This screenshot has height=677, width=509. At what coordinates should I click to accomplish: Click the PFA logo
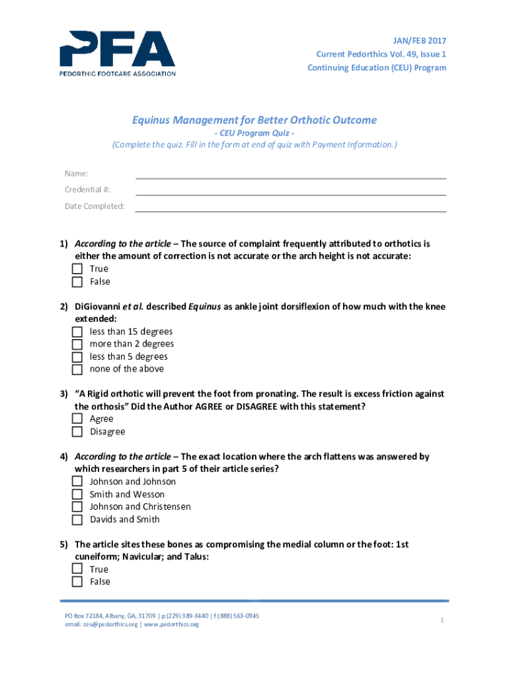coord(118,53)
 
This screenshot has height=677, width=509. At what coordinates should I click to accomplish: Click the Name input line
coord(291,174)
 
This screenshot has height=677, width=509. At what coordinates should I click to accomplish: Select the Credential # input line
coord(291,190)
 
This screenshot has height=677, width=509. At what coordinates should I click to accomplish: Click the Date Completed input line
coord(291,206)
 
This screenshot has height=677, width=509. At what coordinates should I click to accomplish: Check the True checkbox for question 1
coord(77,269)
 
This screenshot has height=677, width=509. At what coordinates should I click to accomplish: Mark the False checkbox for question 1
coord(77,282)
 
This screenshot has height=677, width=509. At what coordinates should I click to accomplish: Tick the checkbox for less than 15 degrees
coord(77,332)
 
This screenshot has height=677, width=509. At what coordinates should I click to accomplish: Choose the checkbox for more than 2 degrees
coord(77,344)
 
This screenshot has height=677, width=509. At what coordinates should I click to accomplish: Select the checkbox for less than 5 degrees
coord(77,357)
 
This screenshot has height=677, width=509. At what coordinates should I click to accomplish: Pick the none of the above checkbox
coord(77,370)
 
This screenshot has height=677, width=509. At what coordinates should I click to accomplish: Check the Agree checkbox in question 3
coord(77,419)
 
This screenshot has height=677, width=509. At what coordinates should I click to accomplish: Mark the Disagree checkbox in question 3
coord(77,432)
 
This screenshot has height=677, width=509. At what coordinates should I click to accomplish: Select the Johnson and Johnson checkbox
coord(77,482)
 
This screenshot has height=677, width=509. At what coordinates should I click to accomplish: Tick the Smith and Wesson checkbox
coord(77,495)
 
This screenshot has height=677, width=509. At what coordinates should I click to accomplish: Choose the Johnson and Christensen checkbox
coord(77,507)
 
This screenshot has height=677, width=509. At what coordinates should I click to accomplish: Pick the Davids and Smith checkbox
coord(77,520)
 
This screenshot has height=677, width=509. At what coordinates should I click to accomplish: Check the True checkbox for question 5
coord(77,569)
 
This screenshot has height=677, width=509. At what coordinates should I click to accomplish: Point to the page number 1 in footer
coord(440,620)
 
